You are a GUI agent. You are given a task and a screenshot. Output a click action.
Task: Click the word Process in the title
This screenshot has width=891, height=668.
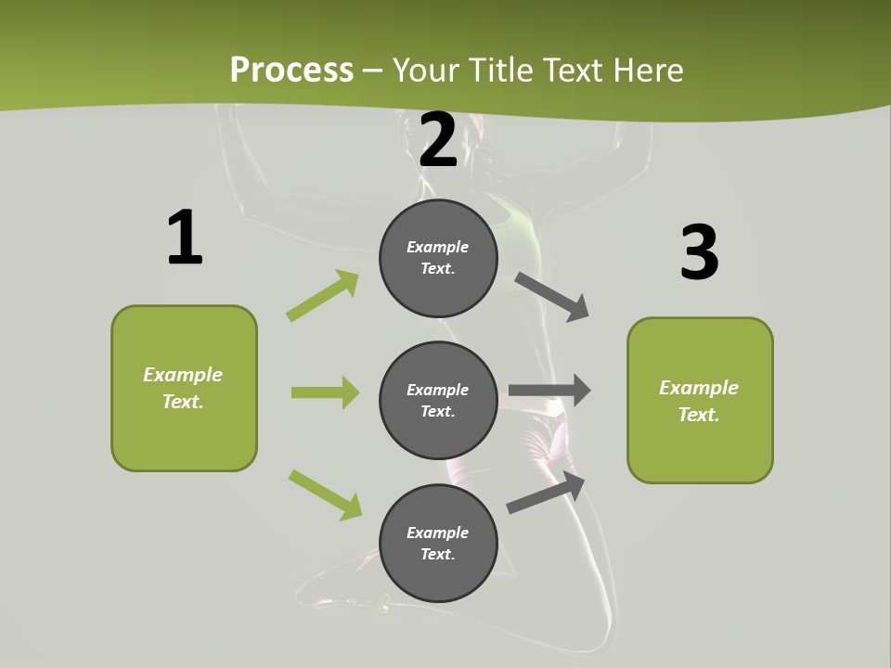291,70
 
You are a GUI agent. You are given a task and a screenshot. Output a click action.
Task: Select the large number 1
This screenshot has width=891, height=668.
185,238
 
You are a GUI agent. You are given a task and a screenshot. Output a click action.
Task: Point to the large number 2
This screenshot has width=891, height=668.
438,141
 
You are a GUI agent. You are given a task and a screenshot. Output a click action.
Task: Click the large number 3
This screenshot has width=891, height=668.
699,253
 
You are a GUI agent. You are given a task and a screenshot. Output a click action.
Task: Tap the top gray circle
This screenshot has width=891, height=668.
438,258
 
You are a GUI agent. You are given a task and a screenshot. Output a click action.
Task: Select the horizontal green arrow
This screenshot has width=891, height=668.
325,392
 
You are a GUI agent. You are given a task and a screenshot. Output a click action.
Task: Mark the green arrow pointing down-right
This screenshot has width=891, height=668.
325,495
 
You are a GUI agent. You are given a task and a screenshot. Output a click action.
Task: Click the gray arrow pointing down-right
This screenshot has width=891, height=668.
552,296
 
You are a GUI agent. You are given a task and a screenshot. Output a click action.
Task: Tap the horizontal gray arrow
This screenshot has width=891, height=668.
549,391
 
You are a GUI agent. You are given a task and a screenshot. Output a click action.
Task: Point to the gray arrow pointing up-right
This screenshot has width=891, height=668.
546,493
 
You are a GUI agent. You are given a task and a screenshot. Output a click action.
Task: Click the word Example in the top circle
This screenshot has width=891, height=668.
438,247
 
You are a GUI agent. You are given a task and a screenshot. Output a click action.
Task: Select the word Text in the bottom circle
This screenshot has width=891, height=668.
438,554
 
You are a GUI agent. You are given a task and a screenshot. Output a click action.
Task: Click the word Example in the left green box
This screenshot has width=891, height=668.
183,375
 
